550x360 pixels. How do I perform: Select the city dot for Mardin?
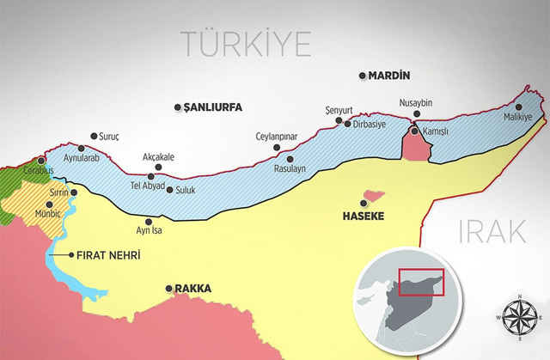[x=362, y=76]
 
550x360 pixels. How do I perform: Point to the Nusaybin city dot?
[x=417, y=113]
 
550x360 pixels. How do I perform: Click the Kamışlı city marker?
[x=413, y=131]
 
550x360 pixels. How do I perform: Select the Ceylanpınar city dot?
[x=277, y=147]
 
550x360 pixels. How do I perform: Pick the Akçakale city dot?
[x=151, y=177]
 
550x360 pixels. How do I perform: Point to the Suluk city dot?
[x=168, y=190]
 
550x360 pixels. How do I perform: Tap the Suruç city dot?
[x=94, y=136]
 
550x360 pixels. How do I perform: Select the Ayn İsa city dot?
[x=156, y=220]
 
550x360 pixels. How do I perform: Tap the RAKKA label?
[x=192, y=289]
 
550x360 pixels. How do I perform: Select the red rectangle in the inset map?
[x=422, y=281]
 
